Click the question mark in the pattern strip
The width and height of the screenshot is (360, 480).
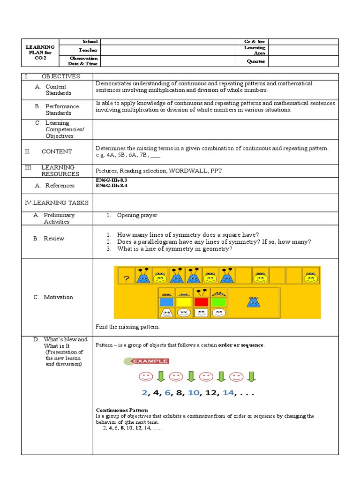point(126,279)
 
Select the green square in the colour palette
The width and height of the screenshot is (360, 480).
point(217,302)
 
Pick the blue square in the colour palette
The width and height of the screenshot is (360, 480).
point(166,302)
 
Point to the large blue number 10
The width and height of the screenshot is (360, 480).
point(194,393)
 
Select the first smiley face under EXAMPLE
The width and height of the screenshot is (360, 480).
point(145,376)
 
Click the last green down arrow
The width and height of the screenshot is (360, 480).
point(251,376)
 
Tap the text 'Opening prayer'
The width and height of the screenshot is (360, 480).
point(137,215)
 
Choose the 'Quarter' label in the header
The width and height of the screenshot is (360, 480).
point(256,61)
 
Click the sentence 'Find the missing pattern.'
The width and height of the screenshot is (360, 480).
point(127,327)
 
